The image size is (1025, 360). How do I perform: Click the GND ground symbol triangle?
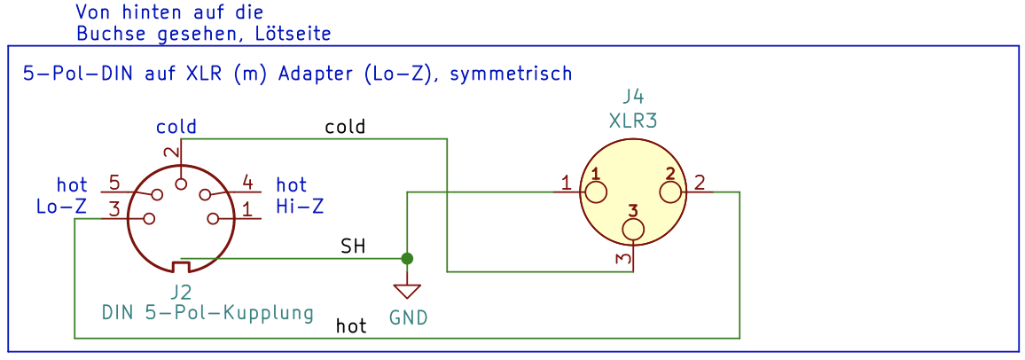407,291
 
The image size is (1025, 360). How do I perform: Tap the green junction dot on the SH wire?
407,258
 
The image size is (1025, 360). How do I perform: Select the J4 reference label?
633,97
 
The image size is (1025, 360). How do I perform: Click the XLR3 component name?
633,121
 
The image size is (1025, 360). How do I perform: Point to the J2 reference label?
181,292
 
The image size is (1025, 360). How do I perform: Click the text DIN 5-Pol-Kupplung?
207,313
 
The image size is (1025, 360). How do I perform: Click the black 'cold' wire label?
345,127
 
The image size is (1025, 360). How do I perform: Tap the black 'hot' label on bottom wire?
351,326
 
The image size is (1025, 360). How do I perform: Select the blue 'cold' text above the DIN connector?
176,127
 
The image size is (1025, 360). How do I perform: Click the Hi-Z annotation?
300,207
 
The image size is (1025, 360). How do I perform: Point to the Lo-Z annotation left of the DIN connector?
61,207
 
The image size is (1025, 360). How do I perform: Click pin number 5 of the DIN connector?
114,184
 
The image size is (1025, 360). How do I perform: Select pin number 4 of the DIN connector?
247,184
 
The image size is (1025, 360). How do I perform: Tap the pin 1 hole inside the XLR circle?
596,192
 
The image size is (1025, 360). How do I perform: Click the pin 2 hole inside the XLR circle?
670,192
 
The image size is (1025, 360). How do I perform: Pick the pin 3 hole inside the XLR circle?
633,230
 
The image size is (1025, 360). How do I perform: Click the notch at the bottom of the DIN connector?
181,267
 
